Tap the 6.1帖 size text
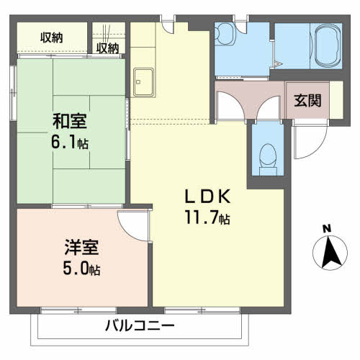[x=69, y=142]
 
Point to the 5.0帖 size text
[x=81, y=269]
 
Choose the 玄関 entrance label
[x=307, y=102]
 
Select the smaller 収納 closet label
[x=108, y=48]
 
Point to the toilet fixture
[x=268, y=154]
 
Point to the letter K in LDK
[x=222, y=196]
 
